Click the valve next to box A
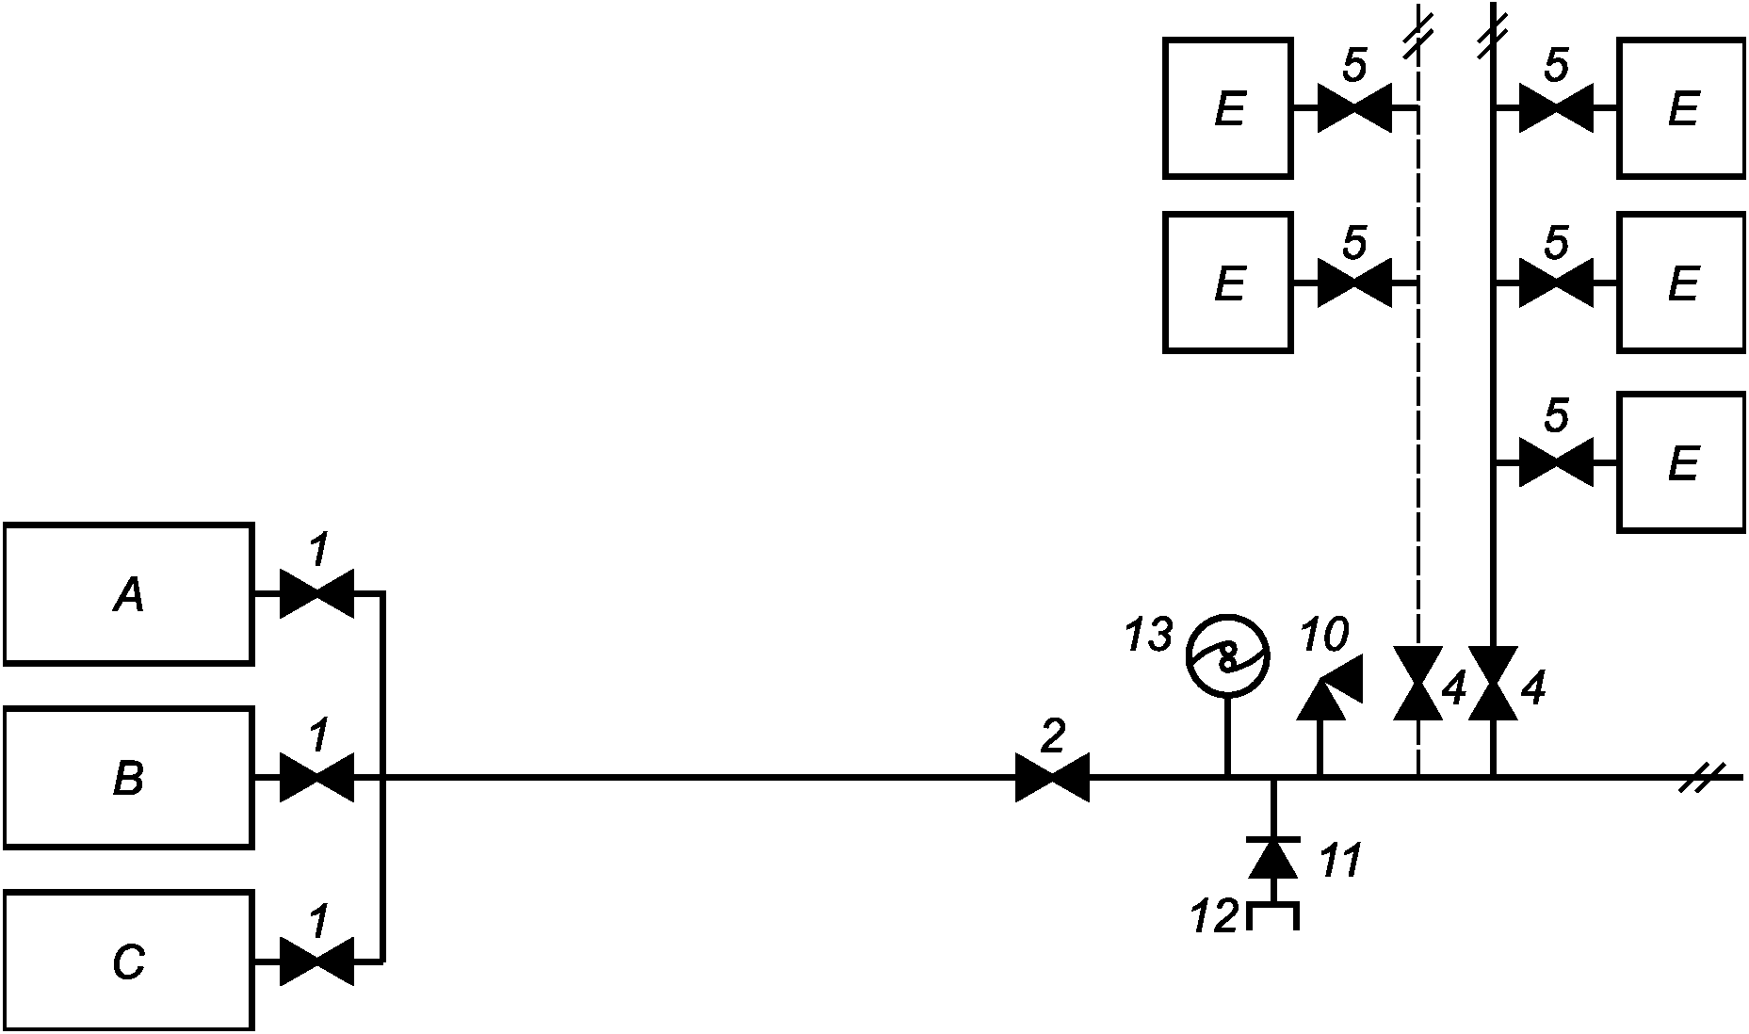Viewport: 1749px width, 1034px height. point(317,593)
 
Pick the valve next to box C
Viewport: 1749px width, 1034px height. point(317,961)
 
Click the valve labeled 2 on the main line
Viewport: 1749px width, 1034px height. point(1052,778)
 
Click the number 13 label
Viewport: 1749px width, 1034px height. point(1149,636)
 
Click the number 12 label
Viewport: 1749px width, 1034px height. point(1213,917)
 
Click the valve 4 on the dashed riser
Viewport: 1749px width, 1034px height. point(1417,684)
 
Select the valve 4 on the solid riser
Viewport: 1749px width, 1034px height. point(1493,684)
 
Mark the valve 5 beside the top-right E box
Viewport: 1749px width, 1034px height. point(1556,108)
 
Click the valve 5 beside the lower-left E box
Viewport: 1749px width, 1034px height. point(1354,283)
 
